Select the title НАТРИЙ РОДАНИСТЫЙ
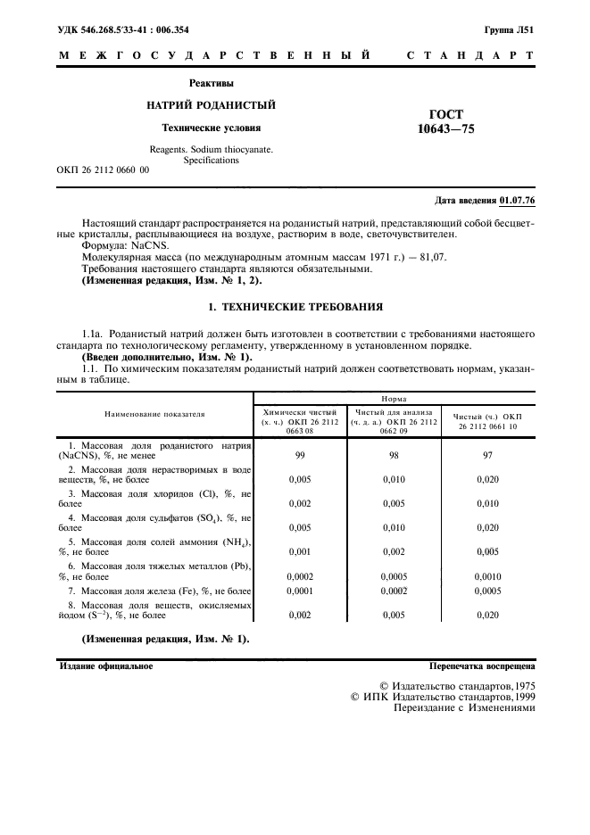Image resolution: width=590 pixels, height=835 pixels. [211, 105]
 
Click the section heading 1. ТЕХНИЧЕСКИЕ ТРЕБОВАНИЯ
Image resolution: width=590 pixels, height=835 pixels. [295, 307]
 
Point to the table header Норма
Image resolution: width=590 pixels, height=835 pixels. [395, 400]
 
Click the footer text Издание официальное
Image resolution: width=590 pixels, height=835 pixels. [106, 666]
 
